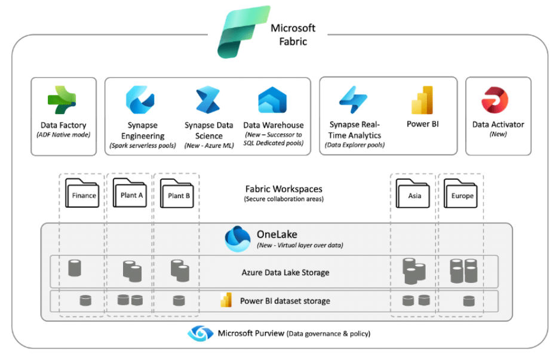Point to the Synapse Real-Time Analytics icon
tap(354, 100)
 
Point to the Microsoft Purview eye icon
tap(200, 333)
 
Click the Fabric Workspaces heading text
tap(284, 189)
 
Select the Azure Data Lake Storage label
tap(285, 272)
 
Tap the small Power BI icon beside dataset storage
tap(226, 300)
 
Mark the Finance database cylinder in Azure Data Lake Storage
tap(75, 268)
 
